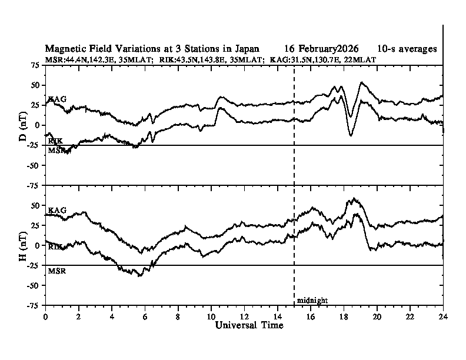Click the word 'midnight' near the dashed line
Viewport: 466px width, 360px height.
pos(312,301)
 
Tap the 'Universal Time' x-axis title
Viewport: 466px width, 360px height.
pos(249,325)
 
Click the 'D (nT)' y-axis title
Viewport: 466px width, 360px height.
pos(23,125)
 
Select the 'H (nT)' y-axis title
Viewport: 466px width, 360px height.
pos(23,245)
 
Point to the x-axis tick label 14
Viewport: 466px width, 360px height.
pos(278,316)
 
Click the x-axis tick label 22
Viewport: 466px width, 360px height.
pos(410,316)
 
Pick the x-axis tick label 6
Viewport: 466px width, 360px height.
pos(145,316)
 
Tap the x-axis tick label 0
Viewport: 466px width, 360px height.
pos(46,316)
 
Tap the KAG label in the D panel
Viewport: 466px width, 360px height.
pos(57,99)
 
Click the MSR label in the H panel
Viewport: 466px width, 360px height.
pos(56,272)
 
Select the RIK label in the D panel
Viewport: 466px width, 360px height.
pos(56,141)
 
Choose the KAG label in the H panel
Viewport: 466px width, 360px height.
pos(57,210)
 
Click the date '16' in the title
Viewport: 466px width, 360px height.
pos(286,48)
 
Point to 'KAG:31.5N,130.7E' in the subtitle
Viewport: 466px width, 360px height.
pos(304,59)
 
